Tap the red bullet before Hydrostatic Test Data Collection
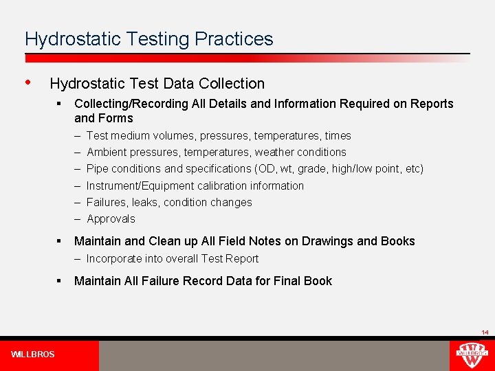[x=27, y=82]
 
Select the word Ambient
[x=106, y=153]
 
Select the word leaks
[x=146, y=203]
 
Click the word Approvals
[x=111, y=219]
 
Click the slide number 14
[x=485, y=333]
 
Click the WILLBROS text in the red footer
[x=33, y=355]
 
